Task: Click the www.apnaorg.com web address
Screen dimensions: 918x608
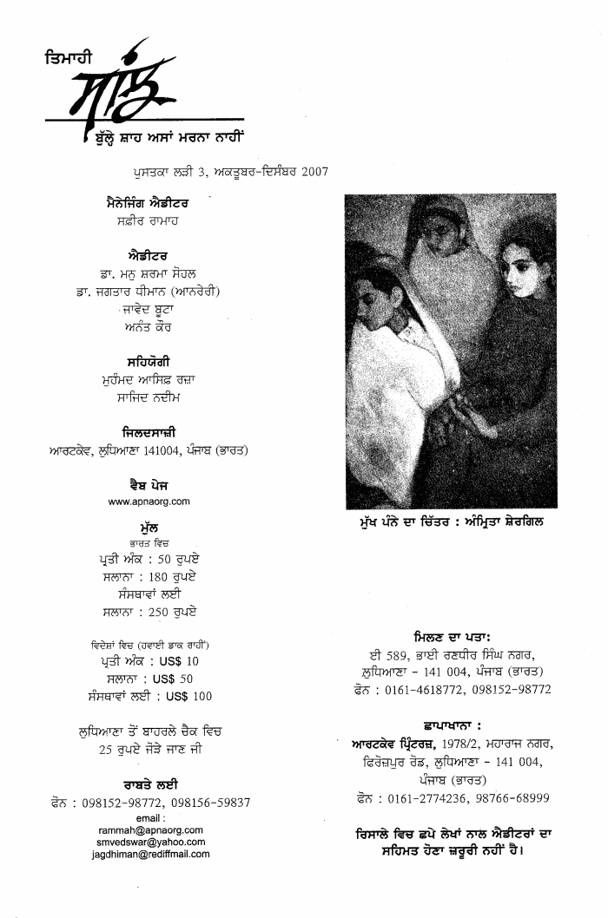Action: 149,502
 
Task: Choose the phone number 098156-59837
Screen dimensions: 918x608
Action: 211,803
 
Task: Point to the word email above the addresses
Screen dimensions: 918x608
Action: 150,818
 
